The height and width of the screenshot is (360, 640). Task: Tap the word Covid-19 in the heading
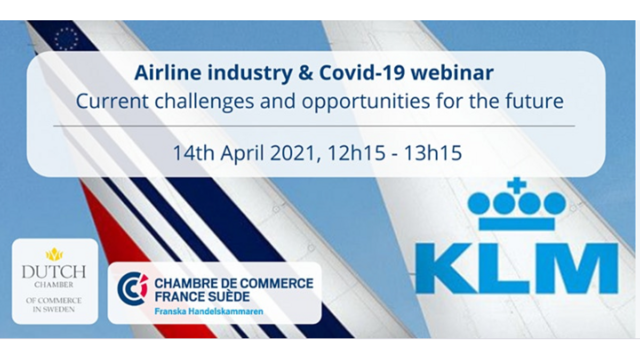pos(362,73)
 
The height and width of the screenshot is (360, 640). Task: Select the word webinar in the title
pos(453,73)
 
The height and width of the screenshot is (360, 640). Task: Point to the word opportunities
pos(366,102)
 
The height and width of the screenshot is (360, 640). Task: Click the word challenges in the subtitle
pos(204,102)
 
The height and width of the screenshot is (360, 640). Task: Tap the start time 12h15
pos(357,153)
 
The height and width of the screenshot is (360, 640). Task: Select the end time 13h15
pos(433,153)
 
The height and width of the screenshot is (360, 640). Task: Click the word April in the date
pos(242,154)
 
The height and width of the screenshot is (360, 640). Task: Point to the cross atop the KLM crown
pos(517,185)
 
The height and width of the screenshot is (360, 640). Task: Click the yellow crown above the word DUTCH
pos(54,254)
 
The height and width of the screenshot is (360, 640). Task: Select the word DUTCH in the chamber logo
pos(54,271)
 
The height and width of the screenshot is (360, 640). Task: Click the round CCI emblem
pos(133,289)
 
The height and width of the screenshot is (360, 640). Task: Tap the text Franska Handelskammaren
pos(209,311)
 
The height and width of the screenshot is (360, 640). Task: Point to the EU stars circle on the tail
pos(66,39)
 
